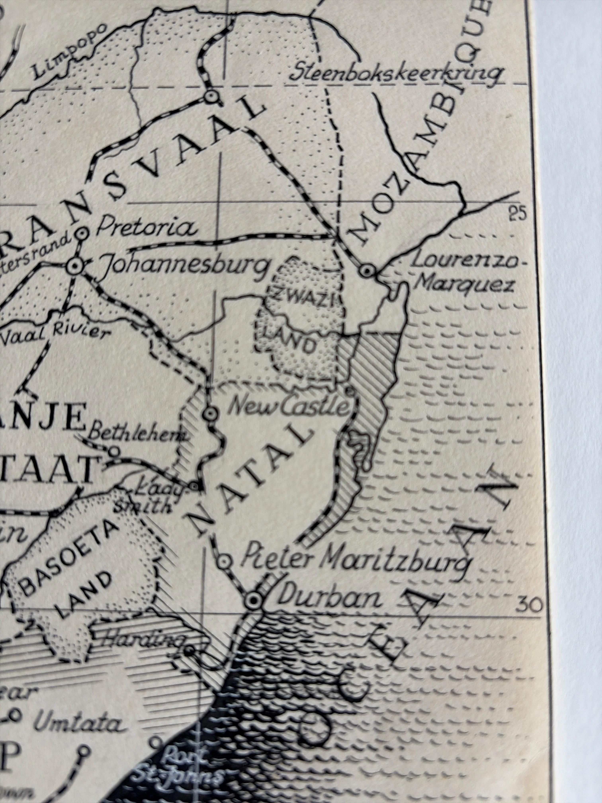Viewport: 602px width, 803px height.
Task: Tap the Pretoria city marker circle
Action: pyautogui.click(x=83, y=233)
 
